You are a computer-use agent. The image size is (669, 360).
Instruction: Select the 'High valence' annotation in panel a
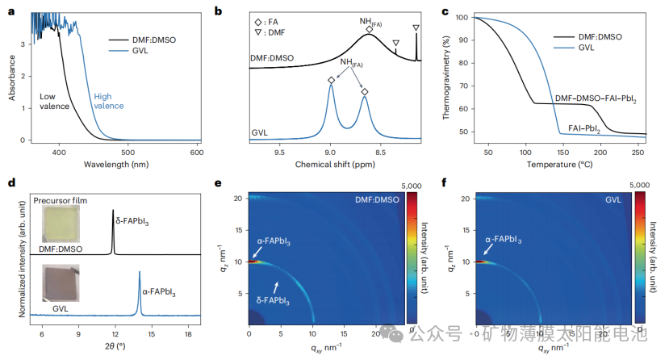click(x=109, y=100)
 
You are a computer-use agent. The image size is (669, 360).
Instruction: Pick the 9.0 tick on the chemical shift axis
click(x=330, y=152)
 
